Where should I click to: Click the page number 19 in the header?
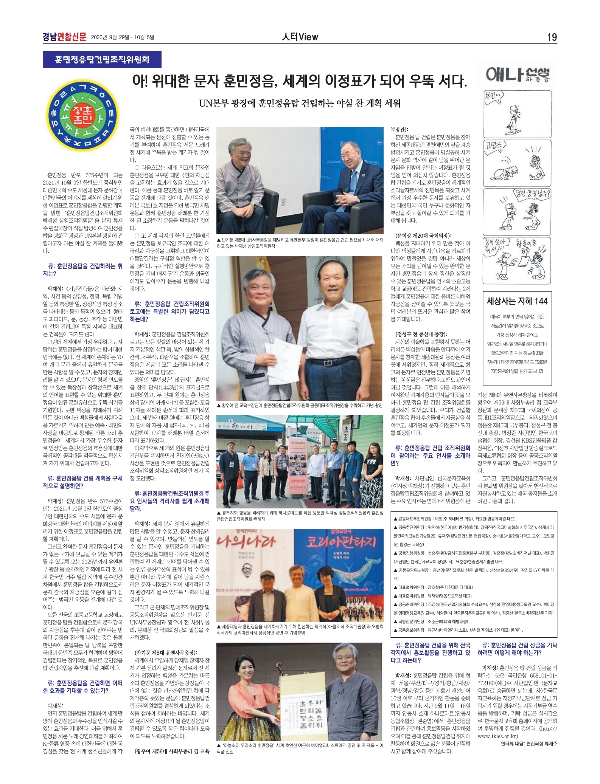(552, 37)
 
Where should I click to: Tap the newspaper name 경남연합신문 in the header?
(64, 37)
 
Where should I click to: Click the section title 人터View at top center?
(300, 37)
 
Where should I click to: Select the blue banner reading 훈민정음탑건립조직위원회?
(102, 59)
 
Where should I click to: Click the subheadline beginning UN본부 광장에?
(300, 103)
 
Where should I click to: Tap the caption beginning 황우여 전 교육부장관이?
(299, 406)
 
